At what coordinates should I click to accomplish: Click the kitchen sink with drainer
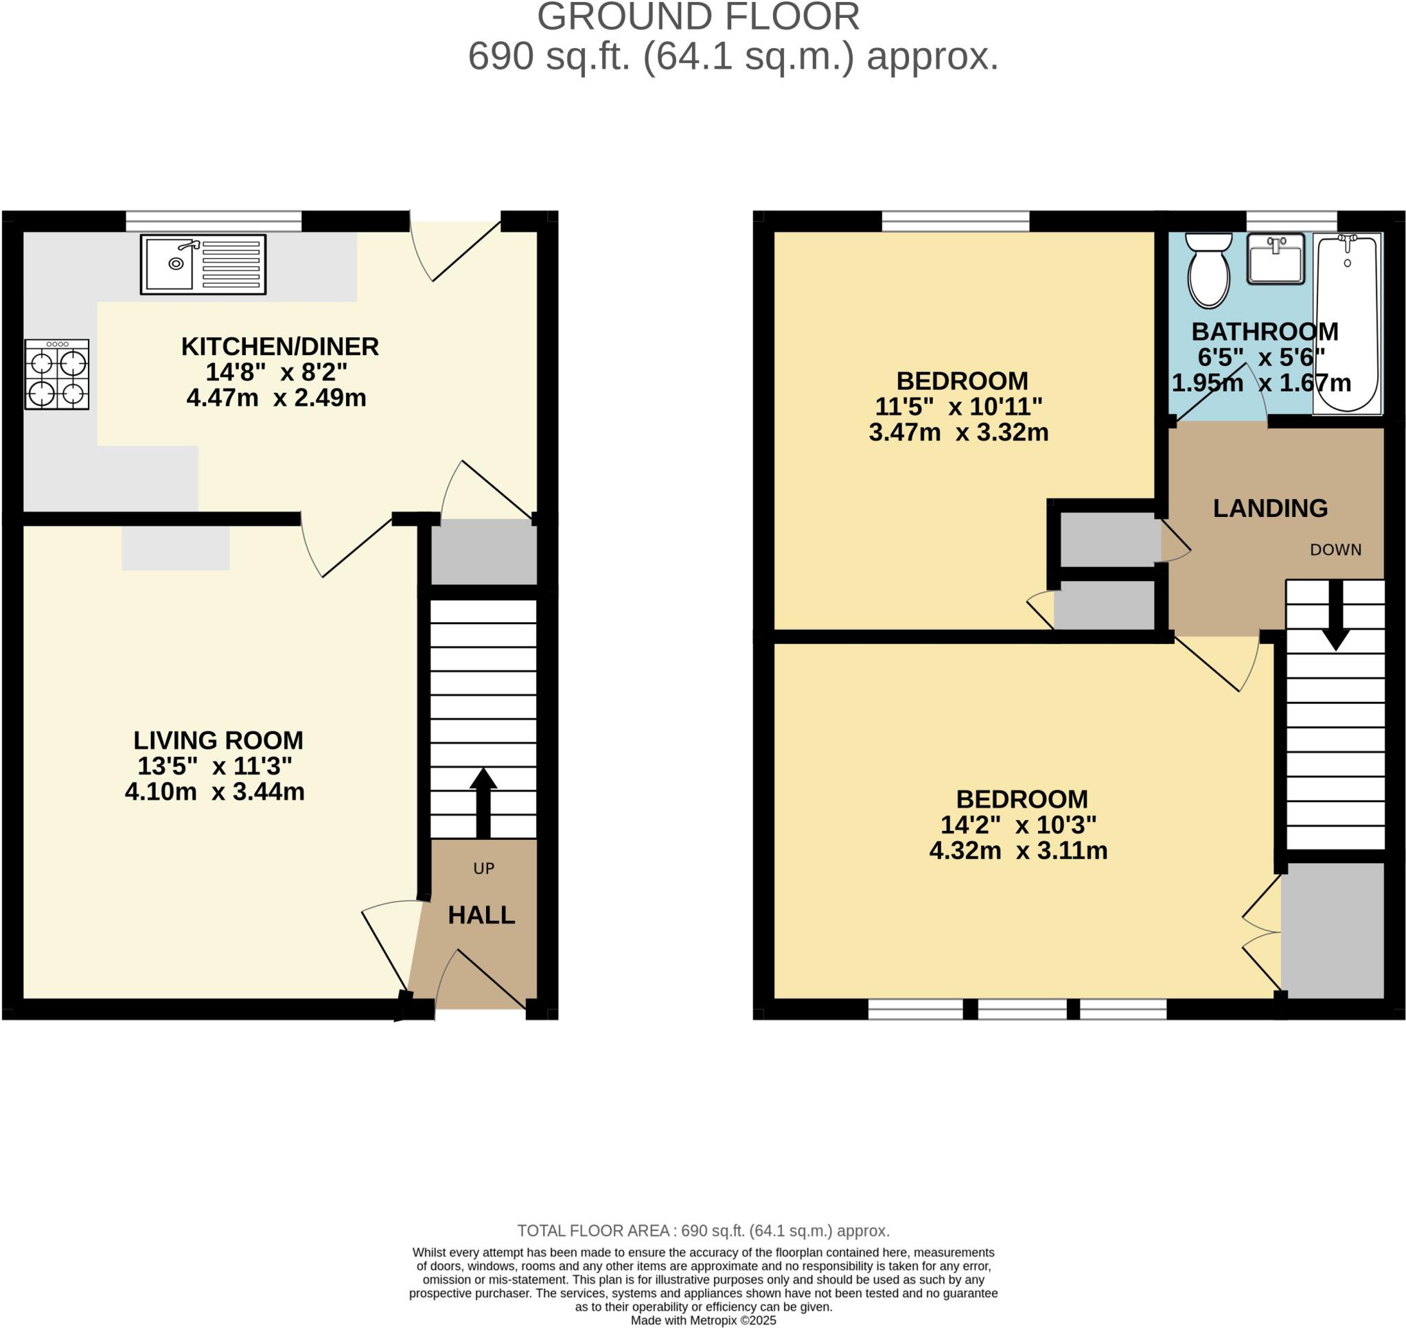pos(203,264)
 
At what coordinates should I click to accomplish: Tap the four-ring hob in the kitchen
pos(56,374)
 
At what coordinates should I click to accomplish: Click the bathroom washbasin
pos(1275,258)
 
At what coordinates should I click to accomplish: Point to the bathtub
pos(1346,323)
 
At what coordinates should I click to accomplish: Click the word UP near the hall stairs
pos(483,869)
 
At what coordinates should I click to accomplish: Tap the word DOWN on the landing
pos(1335,550)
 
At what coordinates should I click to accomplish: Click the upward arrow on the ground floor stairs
pos(483,801)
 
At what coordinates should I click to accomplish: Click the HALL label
pos(481,915)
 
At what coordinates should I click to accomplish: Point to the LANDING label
pos(1270,508)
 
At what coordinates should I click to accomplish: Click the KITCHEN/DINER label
pos(279,347)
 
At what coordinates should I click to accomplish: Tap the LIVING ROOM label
pos(218,740)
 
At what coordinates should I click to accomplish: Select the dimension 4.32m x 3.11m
pos(1017,850)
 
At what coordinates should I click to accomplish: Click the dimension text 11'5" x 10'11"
pos(958,407)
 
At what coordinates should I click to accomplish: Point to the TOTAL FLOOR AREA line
pos(702,1230)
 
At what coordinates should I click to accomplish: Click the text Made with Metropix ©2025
pos(702,1320)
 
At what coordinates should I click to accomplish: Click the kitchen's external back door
pos(456,251)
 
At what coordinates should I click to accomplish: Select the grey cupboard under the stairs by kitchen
pos(484,552)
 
